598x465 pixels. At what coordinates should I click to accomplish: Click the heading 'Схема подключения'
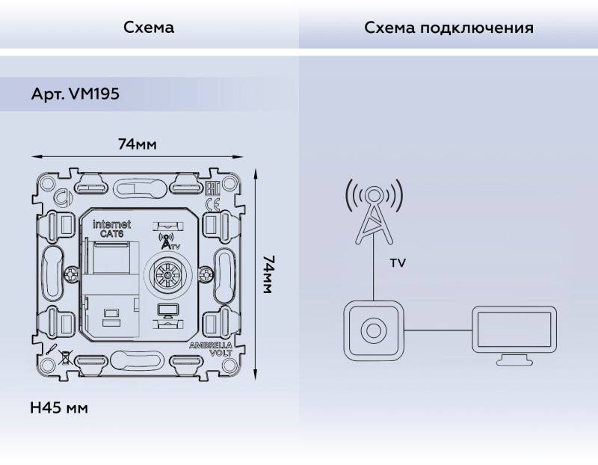(x=449, y=28)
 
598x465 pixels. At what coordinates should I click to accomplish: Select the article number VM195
(x=75, y=95)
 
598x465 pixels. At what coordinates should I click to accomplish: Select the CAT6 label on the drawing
(x=113, y=234)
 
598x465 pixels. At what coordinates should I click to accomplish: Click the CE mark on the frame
(x=211, y=203)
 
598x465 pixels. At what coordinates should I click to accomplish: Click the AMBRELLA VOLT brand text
(x=211, y=348)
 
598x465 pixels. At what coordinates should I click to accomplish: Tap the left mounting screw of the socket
(x=72, y=274)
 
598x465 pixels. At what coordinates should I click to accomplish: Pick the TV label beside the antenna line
(x=398, y=263)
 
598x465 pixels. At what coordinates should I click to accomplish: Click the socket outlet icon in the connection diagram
(x=372, y=329)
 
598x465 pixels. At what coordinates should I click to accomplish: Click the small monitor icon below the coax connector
(x=166, y=312)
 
